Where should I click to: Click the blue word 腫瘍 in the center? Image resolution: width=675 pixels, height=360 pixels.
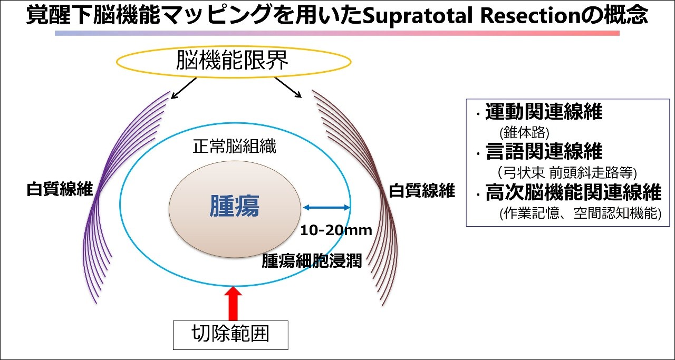point(235,207)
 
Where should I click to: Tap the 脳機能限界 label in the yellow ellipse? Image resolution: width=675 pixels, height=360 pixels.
point(233,60)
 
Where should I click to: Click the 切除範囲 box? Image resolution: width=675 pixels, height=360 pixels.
point(230,335)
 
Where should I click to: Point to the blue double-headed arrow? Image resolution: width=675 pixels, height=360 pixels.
point(326,207)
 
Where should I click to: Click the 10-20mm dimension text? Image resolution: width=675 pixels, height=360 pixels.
point(336,230)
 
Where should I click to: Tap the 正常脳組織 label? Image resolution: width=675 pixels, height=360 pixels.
point(234,147)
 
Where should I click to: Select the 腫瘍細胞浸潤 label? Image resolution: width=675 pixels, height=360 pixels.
point(312,260)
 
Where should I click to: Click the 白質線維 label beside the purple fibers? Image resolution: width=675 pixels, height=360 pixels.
point(60,189)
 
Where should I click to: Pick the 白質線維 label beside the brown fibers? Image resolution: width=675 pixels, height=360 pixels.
point(422,190)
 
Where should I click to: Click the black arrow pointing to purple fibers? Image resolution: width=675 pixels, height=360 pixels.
point(184,88)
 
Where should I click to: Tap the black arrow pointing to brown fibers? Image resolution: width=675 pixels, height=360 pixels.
point(288,87)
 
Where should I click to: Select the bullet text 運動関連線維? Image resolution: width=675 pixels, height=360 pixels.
point(544,111)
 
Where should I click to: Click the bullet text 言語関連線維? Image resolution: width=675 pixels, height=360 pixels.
point(544,151)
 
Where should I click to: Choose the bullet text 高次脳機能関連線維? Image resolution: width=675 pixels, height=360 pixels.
point(573,192)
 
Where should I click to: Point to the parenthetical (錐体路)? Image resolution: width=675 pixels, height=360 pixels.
point(524,132)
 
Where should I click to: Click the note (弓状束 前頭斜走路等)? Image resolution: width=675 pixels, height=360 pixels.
point(567,172)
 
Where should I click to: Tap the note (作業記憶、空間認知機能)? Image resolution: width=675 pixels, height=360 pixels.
point(581,213)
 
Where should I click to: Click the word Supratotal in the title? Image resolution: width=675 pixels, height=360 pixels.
point(418,16)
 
